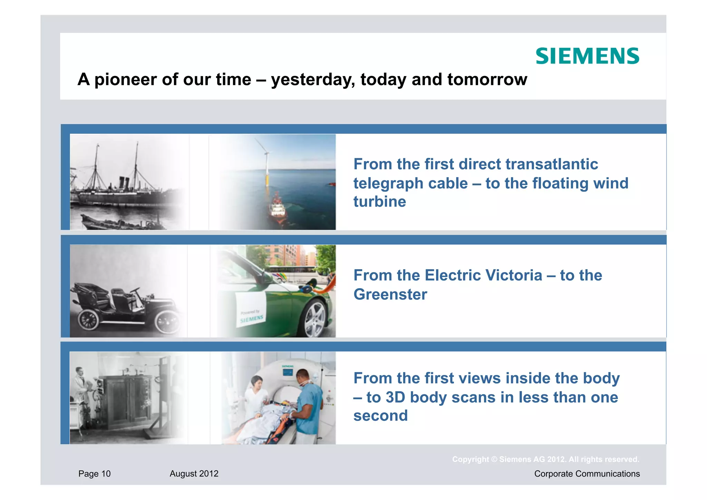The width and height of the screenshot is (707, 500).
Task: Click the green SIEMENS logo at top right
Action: pos(587,56)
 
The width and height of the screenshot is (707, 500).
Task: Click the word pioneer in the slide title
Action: pos(126,79)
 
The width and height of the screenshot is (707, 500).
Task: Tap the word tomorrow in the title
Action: pos(487,79)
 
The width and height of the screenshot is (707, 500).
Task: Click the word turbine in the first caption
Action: pos(379,202)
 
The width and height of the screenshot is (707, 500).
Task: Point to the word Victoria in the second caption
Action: pos(513,275)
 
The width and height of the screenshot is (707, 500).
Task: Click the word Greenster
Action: pos(390,295)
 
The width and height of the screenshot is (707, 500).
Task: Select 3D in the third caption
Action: pos(395,397)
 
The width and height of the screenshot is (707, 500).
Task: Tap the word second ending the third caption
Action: pos(380,416)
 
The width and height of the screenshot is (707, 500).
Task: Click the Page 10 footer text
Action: pos(94,474)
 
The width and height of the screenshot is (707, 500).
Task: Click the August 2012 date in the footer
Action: pos(194,474)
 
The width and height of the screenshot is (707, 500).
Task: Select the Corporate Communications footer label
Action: pos(587,474)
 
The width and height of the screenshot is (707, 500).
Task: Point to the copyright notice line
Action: pos(545,460)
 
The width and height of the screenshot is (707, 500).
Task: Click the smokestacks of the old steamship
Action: pos(124,182)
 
